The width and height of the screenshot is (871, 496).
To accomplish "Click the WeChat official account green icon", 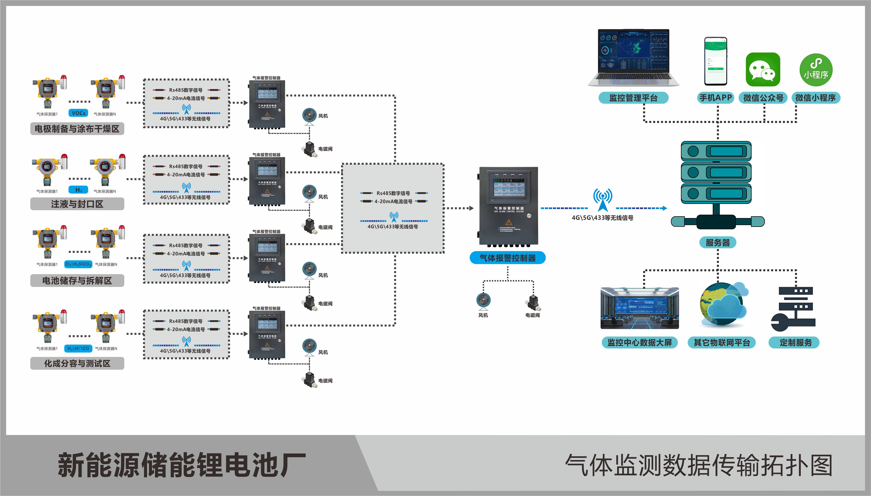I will pos(763,69).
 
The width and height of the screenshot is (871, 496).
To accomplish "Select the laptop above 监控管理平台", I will pos(633,57).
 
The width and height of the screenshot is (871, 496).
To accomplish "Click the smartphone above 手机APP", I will pos(715,61).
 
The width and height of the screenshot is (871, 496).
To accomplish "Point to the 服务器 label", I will pos(718,242).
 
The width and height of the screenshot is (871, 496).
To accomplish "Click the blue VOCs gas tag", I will pos(79,113).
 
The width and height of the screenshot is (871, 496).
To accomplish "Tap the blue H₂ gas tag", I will pos(79,190).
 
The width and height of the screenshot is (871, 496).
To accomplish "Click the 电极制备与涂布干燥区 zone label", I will pos(77,129).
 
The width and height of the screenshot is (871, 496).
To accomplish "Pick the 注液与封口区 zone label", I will pos(77,204).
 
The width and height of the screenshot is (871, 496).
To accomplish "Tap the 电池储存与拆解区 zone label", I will pos(77,281).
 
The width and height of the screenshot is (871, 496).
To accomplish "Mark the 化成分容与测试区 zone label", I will pos(77,363).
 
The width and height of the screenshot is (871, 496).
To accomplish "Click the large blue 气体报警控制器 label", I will pos(507,258).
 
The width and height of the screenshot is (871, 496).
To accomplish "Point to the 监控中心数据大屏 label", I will pos(639,342).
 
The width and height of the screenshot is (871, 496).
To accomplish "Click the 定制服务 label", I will pos(796,342).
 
